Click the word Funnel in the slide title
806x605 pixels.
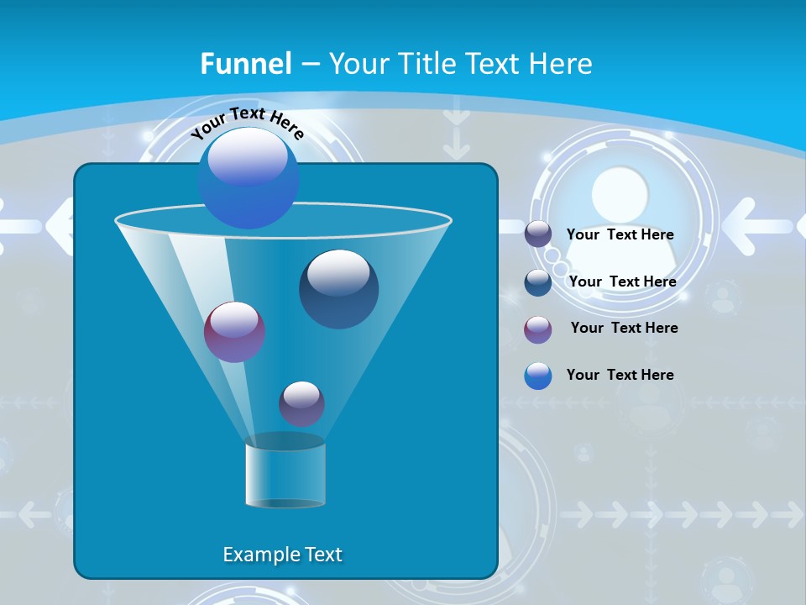pos(246,64)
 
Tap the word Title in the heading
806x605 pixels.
pos(427,64)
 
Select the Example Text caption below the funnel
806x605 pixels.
pos(282,555)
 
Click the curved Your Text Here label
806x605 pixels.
pos(247,122)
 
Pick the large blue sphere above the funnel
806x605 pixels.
pos(248,177)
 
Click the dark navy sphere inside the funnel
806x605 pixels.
pos(338,289)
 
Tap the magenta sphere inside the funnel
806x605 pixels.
pos(234,332)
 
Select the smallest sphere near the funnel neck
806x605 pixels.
pos(301,403)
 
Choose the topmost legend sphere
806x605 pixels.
pos(538,234)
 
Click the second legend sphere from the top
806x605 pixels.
pos(538,282)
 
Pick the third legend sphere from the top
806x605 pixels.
pos(538,329)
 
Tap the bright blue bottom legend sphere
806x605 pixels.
pos(538,376)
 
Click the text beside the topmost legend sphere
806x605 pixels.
pos(620,235)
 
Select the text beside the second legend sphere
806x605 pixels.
pos(622,281)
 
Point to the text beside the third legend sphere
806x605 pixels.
pos(624,328)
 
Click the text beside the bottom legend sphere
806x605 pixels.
pos(620,375)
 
